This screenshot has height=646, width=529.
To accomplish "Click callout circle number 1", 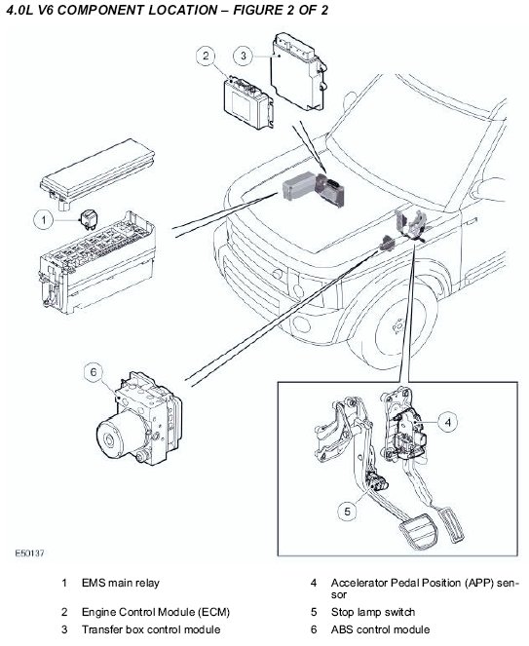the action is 44,220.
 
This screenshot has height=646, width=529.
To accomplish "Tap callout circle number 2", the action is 206,56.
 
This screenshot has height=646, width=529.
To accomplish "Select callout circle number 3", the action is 244,56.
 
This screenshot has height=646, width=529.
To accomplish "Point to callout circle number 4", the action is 448,422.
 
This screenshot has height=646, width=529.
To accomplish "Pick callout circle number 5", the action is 348,512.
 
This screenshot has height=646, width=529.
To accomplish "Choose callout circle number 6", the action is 94,372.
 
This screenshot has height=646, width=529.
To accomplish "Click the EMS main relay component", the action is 87,218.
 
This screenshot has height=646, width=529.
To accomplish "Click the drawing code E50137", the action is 29,553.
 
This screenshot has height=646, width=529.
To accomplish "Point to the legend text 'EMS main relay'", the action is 120,583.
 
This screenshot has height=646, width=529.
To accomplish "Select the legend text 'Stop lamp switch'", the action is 373,612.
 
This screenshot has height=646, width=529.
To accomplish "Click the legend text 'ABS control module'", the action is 380,629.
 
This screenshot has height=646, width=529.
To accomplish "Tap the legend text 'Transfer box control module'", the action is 151,629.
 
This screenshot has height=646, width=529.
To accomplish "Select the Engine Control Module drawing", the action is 247,102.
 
